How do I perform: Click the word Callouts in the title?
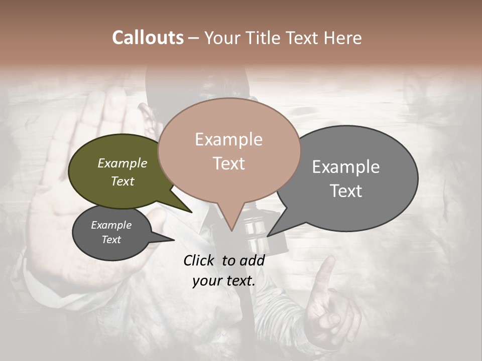point(148,38)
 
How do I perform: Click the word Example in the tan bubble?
point(228,139)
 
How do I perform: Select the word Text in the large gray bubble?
point(346,191)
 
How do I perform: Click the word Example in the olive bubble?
point(122,163)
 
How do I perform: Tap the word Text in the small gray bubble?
point(111,240)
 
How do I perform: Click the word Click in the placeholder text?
point(200,260)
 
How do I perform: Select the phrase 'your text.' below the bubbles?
point(223,281)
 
